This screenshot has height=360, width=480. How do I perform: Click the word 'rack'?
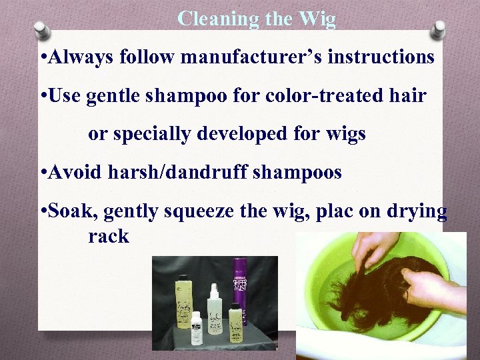[108, 236]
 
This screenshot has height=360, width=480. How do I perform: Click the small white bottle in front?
[196, 329]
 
